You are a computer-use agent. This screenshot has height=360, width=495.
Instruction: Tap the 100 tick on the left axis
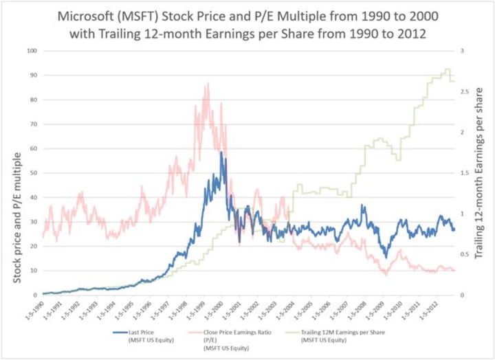click(30, 51)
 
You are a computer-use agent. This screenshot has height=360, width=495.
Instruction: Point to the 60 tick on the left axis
click(32, 148)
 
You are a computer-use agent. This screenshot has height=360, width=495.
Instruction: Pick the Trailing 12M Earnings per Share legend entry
click(342, 332)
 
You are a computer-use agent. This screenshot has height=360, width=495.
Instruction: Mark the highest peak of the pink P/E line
click(206, 84)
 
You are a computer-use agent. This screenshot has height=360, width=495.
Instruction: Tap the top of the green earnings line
click(448, 69)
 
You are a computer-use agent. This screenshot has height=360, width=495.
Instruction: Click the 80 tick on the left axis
click(32, 100)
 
